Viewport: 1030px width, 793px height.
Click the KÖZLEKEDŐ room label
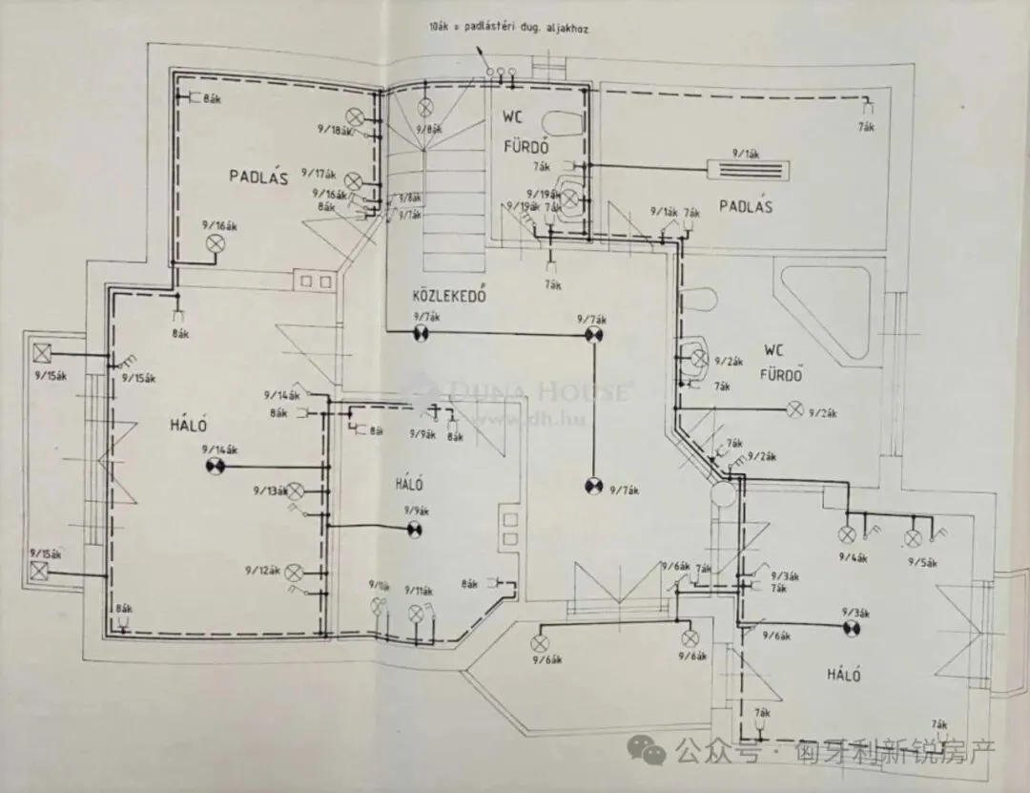pyautogui.click(x=449, y=296)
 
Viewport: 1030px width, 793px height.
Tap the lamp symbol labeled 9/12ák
pyautogui.click(x=295, y=573)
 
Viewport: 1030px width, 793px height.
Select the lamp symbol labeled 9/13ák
pyautogui.click(x=297, y=490)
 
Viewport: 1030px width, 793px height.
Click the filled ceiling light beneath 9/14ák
pyautogui.click(x=215, y=466)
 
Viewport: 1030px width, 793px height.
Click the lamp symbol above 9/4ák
pyautogui.click(x=846, y=534)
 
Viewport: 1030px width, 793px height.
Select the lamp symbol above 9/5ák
pyautogui.click(x=915, y=534)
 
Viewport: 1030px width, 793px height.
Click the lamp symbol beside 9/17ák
pyautogui.click(x=353, y=179)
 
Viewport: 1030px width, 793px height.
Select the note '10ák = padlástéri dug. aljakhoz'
pyautogui.click(x=507, y=30)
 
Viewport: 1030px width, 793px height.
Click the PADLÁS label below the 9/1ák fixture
pyautogui.click(x=746, y=206)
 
